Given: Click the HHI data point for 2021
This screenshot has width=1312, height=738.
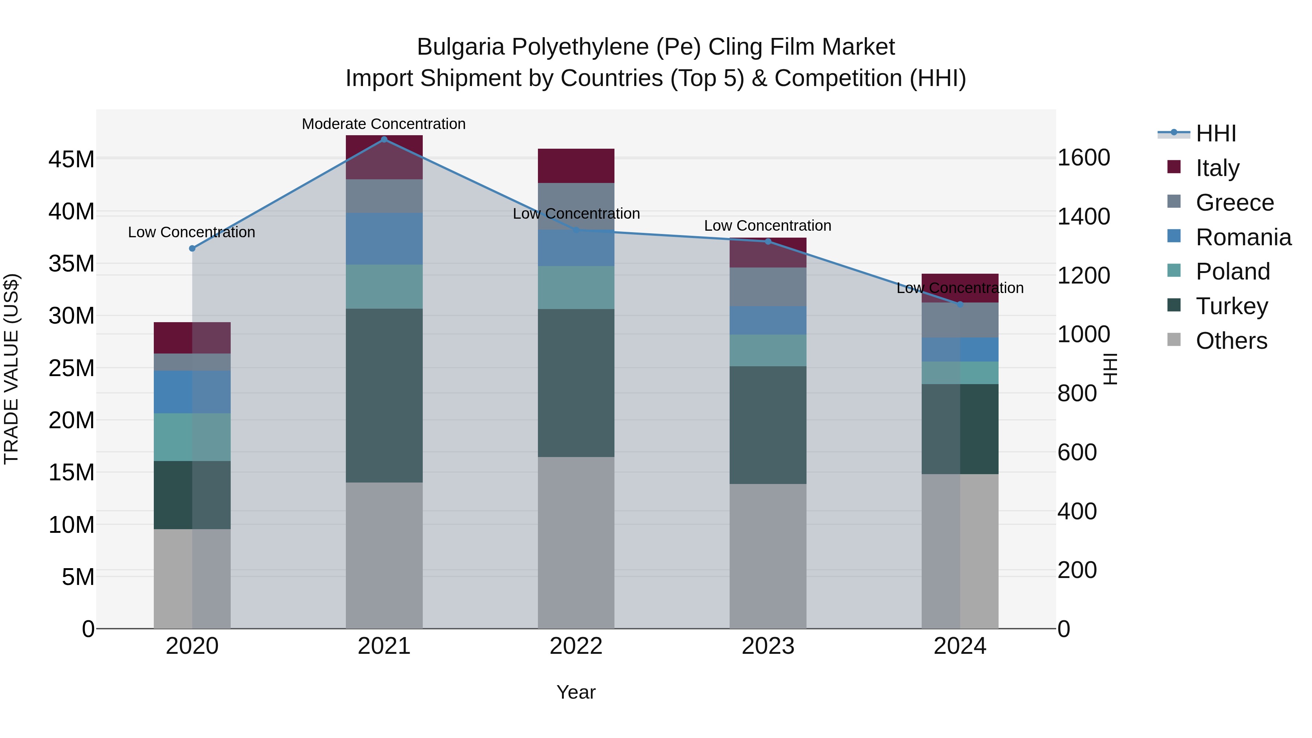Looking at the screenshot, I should point(384,140).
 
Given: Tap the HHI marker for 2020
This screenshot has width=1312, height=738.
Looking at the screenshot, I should point(192,249).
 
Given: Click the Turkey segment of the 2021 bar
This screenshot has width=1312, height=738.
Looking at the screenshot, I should point(384,395).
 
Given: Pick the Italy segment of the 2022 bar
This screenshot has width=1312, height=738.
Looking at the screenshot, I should point(576,165).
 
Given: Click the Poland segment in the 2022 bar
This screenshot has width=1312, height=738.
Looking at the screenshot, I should point(576,287).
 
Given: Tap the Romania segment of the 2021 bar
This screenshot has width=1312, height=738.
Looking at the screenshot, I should point(384,238).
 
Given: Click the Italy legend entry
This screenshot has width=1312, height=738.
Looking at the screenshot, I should point(1217,168).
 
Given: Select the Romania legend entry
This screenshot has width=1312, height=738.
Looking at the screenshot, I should point(1243,237).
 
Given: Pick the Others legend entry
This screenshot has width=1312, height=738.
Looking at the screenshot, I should point(1231,341).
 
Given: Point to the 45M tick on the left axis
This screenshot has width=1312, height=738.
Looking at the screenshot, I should point(71,159).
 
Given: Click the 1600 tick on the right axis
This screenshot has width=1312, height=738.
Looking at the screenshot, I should point(1084,158).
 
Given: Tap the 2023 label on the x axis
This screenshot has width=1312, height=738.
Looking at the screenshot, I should point(768,646).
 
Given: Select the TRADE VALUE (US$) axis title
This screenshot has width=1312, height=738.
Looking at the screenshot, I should point(12,369).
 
